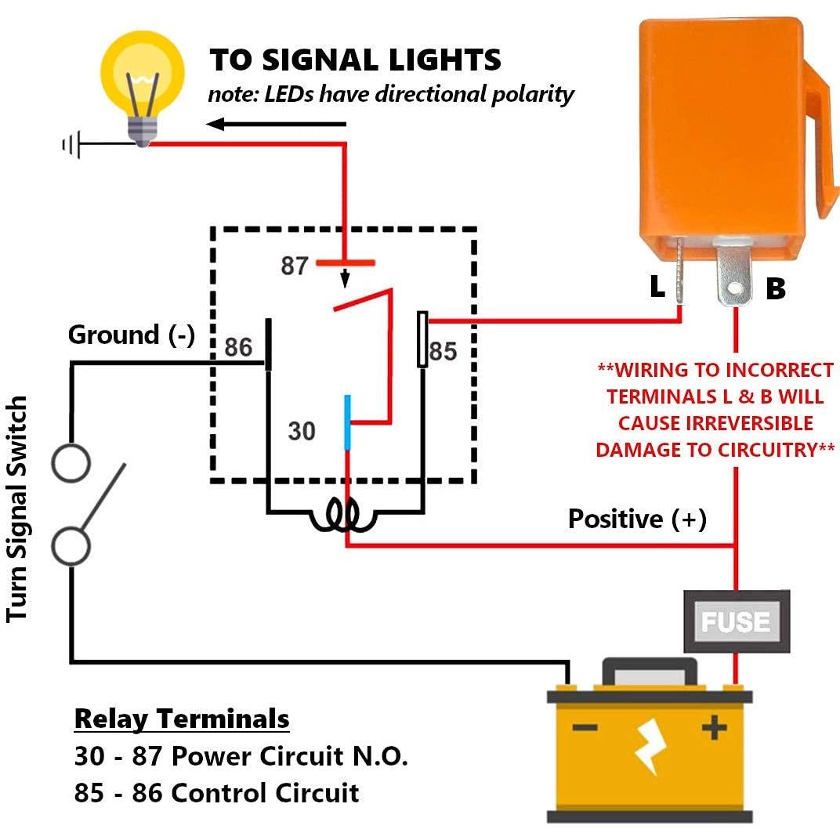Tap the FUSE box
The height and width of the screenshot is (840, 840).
click(736, 621)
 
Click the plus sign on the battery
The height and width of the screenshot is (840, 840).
click(714, 729)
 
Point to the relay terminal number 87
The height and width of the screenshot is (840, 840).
click(295, 266)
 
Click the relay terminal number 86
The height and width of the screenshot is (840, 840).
click(238, 346)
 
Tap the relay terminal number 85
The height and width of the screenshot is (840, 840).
click(443, 352)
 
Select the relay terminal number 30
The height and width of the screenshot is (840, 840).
click(302, 430)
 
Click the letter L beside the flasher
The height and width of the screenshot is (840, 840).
click(657, 288)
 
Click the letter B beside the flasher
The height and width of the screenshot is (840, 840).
click(775, 289)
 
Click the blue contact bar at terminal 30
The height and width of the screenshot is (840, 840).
click(346, 423)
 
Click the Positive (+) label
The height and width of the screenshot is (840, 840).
click(637, 519)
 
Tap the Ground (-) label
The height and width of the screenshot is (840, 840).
click(131, 335)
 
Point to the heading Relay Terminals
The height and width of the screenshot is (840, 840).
click(182, 719)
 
